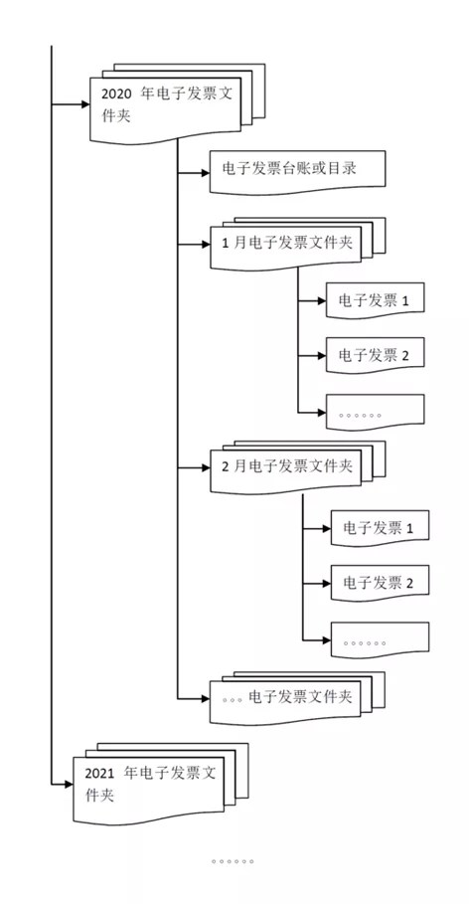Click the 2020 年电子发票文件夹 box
pos(165,107)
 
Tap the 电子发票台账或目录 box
pos(297,171)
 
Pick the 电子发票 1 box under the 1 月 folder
pos(375,299)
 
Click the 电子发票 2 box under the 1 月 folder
pos(375,355)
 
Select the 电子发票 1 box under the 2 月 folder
pos(380,527)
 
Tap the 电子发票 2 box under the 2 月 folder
pos(380,583)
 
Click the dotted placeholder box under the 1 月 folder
pos(375,412)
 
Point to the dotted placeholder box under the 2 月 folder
pos(380,639)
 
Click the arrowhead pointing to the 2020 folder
pos(85,104)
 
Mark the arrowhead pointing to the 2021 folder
pos(70,784)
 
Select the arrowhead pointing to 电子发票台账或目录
pos(206,172)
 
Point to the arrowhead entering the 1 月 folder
pos(206,245)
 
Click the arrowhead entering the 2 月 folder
pos(206,467)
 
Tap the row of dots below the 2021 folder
pos(233,862)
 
